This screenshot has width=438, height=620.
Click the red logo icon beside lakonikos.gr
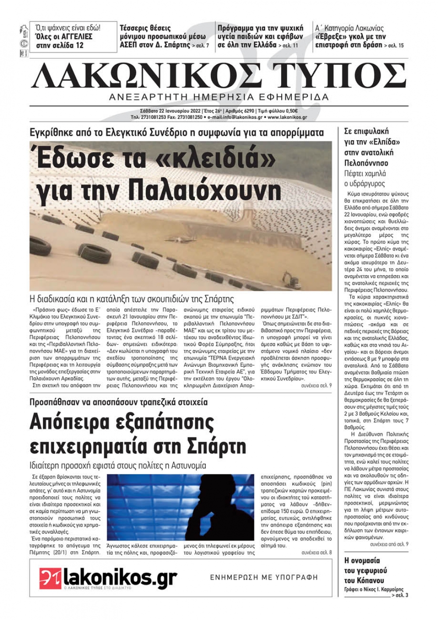[50, 577]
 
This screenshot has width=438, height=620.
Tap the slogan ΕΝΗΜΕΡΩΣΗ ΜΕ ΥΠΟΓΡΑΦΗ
[264, 577]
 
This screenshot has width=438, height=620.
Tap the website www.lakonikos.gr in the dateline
[287, 117]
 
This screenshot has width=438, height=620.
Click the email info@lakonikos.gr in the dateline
[237, 117]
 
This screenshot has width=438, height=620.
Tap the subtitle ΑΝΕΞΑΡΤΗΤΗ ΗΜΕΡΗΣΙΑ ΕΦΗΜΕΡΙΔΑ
[219, 97]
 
